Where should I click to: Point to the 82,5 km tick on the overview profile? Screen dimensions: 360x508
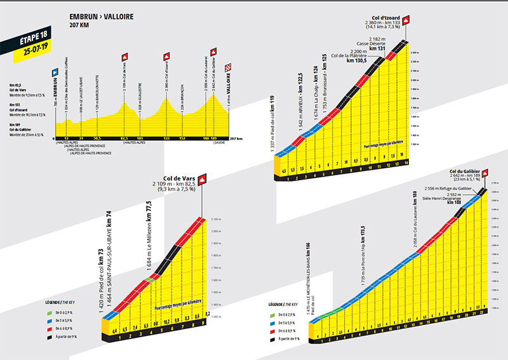tap(124, 137)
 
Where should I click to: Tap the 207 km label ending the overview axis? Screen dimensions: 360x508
tap(235, 137)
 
